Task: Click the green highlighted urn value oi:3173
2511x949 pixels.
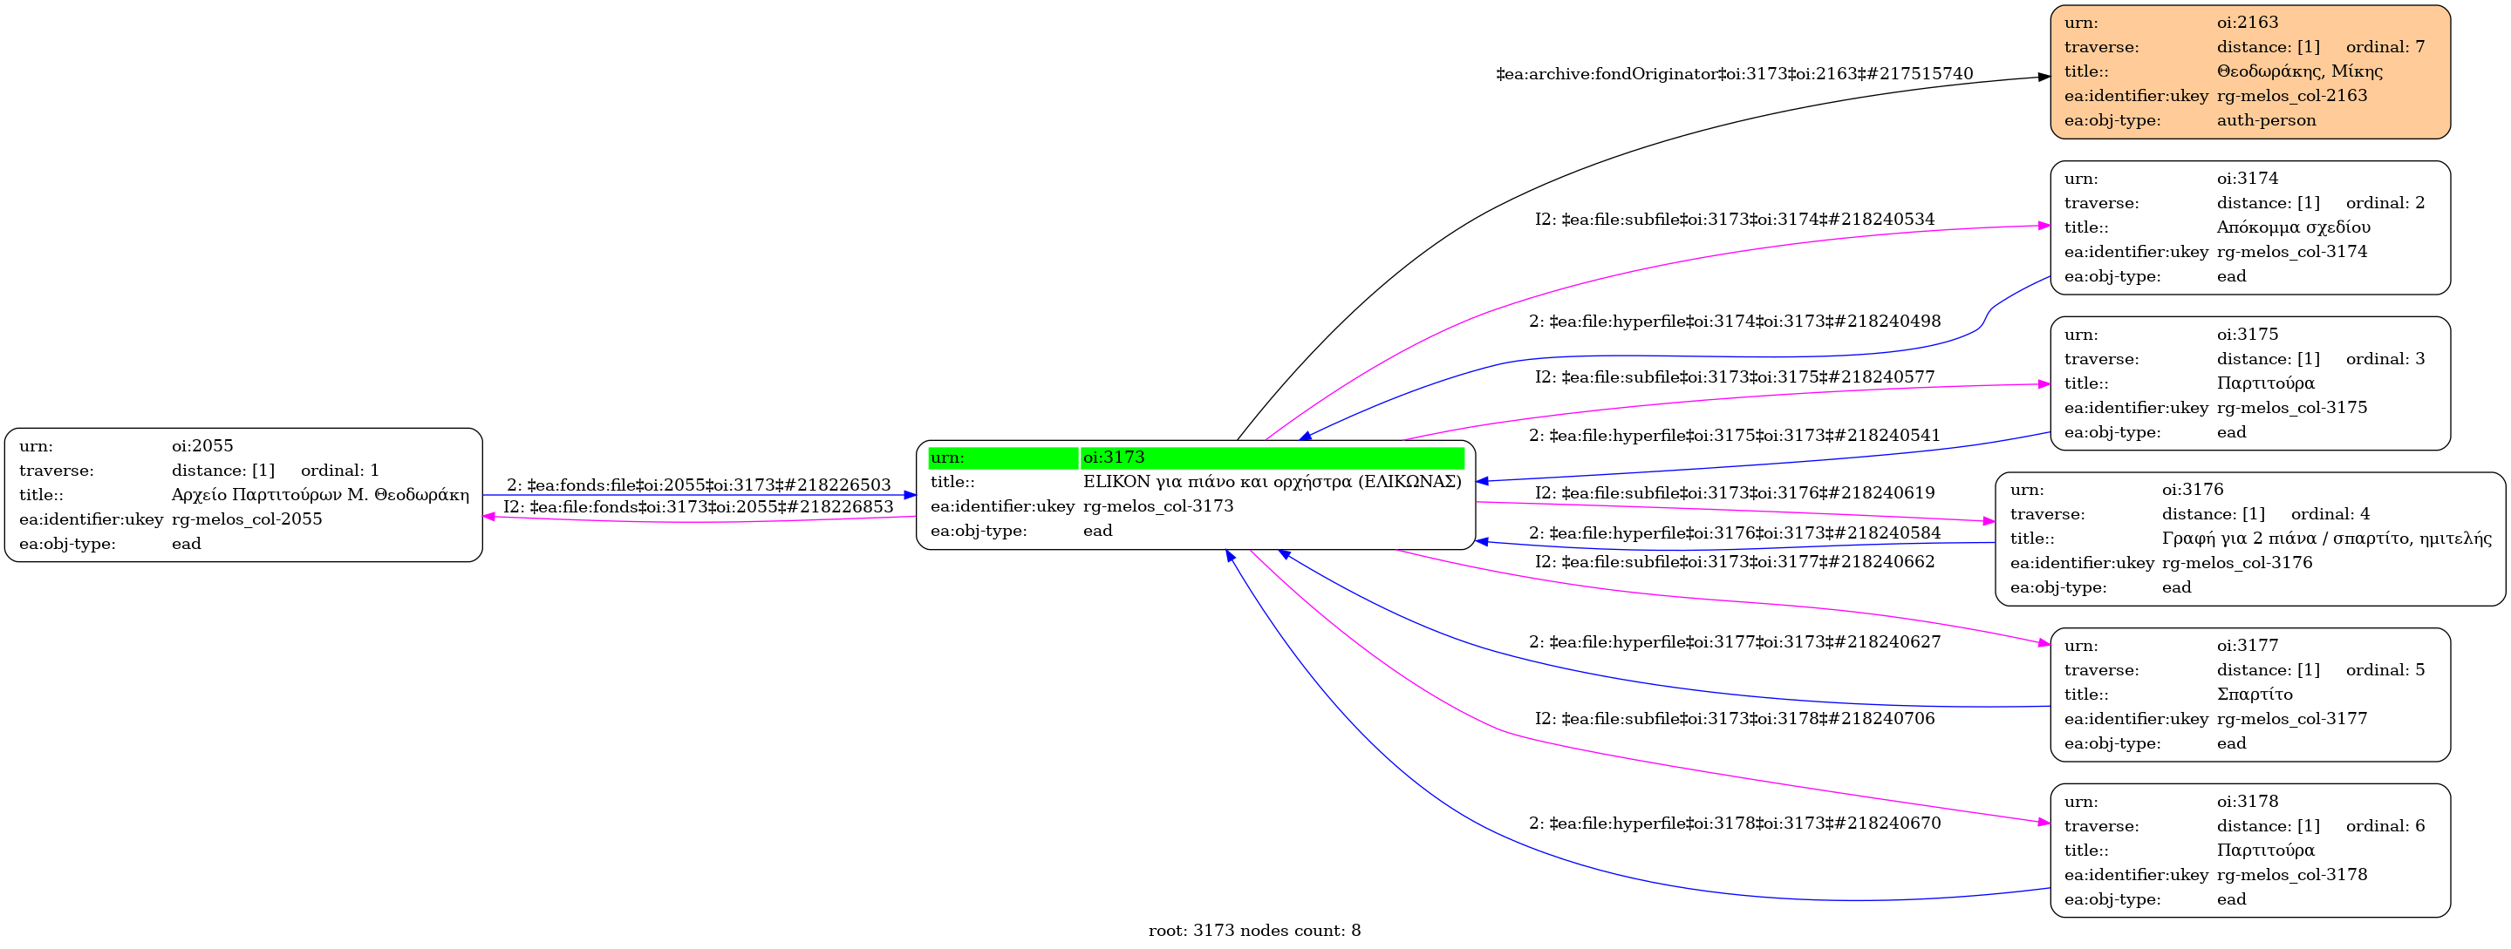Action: click(1113, 457)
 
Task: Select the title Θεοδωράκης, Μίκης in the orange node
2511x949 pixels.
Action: click(2298, 71)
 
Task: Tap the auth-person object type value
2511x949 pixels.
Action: click(2265, 120)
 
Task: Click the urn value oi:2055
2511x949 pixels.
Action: click(201, 445)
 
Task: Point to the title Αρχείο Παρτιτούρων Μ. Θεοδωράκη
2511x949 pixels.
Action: click(320, 494)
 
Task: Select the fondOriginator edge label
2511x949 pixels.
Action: click(1734, 74)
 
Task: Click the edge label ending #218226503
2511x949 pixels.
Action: click(698, 485)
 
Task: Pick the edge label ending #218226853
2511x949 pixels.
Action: click(698, 506)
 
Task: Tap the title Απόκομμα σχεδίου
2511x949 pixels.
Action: click(2293, 227)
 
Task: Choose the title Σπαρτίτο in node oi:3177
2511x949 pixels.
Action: click(2254, 694)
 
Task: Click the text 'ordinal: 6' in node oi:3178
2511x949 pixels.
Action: click(2385, 825)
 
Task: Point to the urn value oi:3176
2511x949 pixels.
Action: click(2193, 489)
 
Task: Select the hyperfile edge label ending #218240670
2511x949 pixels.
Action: click(1734, 824)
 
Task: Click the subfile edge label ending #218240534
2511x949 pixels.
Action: click(1734, 220)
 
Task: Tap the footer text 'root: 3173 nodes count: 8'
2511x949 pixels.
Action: click(1253, 931)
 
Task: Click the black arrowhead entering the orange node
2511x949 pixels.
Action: click(2044, 77)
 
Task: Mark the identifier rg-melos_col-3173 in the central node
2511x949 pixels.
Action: click(1157, 505)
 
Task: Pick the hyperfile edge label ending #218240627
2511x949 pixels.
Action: click(1734, 642)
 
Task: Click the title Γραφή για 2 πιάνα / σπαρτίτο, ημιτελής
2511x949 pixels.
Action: click(2326, 538)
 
